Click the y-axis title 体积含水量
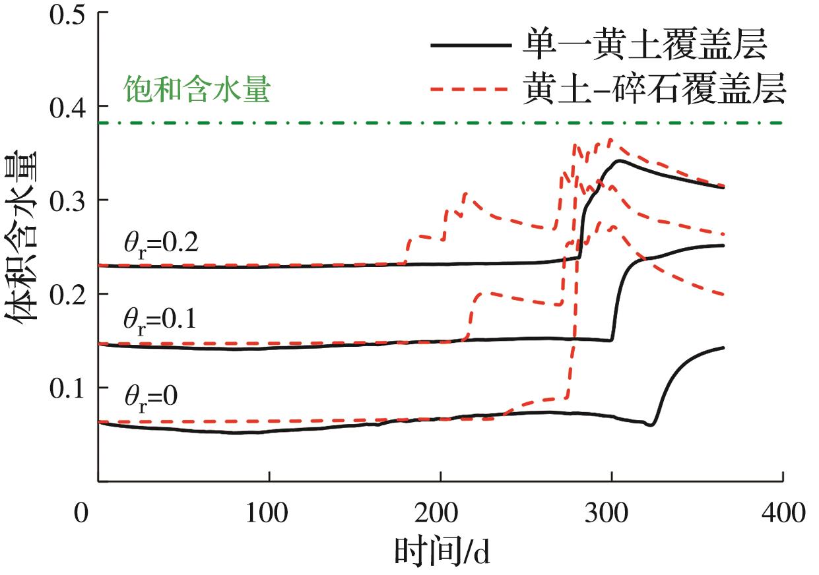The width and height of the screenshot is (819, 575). pyautogui.click(x=25, y=245)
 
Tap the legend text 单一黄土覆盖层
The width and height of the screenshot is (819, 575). pyautogui.click(x=644, y=46)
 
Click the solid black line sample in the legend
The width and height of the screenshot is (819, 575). pyautogui.click(x=471, y=46)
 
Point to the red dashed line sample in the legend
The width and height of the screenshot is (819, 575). pyautogui.click(x=471, y=88)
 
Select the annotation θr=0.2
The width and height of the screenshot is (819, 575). pyautogui.click(x=160, y=244)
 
